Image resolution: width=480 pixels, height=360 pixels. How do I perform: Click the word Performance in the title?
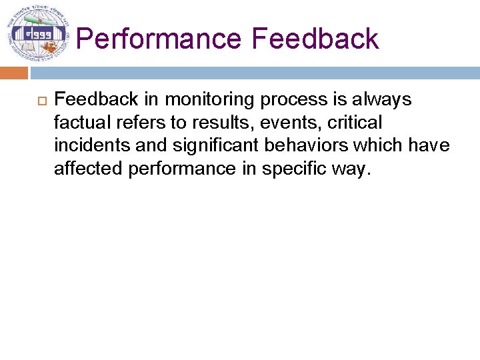pyautogui.click(x=159, y=39)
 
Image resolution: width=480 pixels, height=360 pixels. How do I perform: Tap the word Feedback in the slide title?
pyautogui.click(x=315, y=39)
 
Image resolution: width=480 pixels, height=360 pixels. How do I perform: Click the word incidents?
pyautogui.click(x=89, y=145)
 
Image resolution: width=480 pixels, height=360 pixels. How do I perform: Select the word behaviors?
pyautogui.click(x=307, y=145)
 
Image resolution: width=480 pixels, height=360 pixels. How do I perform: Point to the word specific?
pyautogui.click(x=297, y=169)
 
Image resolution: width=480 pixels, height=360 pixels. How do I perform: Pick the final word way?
pyautogui.click(x=354, y=169)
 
